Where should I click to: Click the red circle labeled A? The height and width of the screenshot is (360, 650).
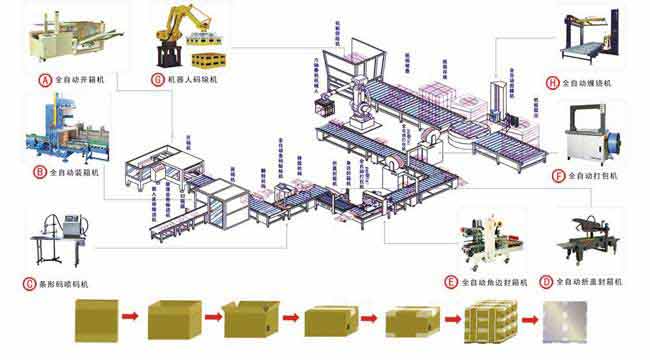(45, 78)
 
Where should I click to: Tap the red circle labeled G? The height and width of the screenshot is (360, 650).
(157, 78)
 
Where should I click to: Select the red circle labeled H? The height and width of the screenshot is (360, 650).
(553, 81)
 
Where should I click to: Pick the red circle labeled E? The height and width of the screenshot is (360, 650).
(452, 281)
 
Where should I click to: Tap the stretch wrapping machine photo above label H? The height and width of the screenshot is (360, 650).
(594, 40)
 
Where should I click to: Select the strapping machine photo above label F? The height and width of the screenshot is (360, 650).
(598, 136)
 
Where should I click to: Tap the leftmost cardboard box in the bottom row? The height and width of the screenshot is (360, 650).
(96, 321)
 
